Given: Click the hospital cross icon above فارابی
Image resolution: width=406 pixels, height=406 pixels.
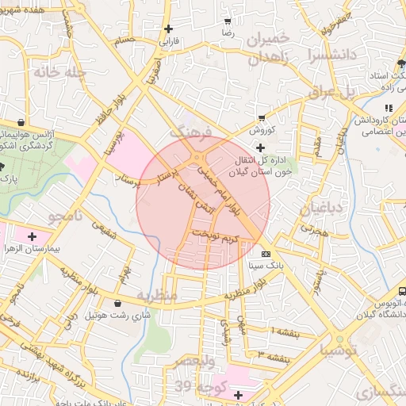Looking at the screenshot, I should [x=168, y=29].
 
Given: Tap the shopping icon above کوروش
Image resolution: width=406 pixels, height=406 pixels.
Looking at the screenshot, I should [x=262, y=117].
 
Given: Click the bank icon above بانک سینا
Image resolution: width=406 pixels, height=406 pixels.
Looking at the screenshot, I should [x=265, y=253].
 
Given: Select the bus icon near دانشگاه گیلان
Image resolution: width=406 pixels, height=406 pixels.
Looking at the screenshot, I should [x=402, y=291].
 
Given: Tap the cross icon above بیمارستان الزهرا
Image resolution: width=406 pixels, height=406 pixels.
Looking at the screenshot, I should [x=32, y=236].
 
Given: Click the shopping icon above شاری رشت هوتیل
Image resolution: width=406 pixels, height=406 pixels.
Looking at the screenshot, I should [x=118, y=303].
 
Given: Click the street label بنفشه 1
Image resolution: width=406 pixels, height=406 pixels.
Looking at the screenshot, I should [x=287, y=330].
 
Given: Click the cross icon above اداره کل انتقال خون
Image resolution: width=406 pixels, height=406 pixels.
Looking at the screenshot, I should [x=260, y=147].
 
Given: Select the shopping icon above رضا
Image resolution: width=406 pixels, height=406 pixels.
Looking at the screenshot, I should [x=228, y=21].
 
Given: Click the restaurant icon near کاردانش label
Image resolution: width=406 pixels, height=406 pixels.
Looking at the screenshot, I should [x=388, y=108].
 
